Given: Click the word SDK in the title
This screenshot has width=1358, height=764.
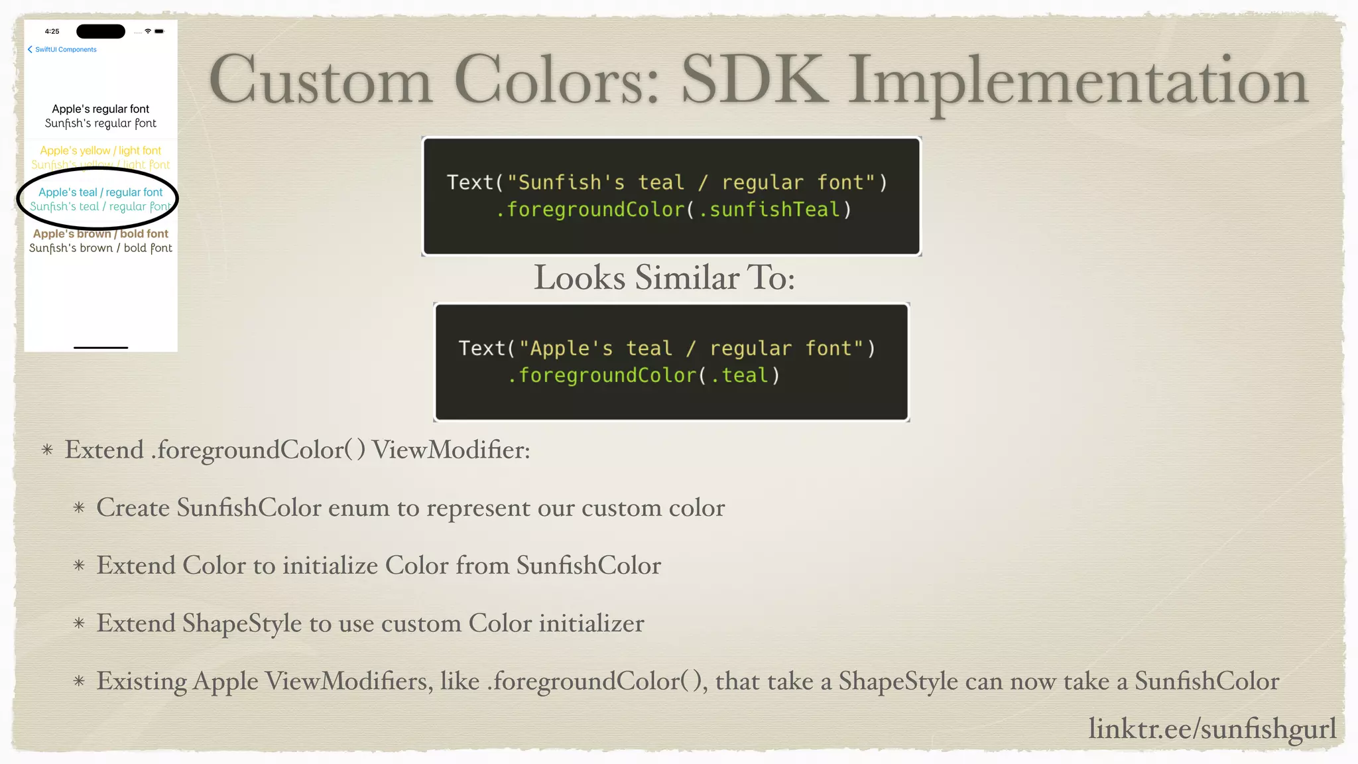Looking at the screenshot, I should point(755,81).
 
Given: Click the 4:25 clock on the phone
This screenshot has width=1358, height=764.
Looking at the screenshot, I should point(52,31).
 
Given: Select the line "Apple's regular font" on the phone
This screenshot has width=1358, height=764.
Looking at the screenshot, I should point(101,109).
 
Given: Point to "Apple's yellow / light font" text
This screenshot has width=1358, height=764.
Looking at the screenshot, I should point(101,151).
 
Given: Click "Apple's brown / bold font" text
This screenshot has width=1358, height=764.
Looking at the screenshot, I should point(101,233).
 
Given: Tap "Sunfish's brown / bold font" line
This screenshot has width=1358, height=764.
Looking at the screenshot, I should point(101,248).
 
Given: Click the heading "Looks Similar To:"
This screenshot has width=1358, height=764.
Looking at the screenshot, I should point(664,277).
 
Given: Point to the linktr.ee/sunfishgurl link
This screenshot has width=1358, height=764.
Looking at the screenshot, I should point(1212,728).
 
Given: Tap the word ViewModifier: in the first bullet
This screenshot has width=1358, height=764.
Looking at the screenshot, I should point(451,450).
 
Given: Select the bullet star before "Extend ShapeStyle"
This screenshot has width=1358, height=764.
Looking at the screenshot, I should point(79,623).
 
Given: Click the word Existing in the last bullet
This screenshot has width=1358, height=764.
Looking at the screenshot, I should point(142,681).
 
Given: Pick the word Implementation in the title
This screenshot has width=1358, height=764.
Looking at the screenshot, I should point(1078,81).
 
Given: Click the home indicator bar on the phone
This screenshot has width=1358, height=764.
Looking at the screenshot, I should point(101,347).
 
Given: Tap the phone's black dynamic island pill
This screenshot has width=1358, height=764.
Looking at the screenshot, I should point(101,31).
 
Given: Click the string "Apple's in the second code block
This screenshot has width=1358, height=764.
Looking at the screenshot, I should point(566,349).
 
